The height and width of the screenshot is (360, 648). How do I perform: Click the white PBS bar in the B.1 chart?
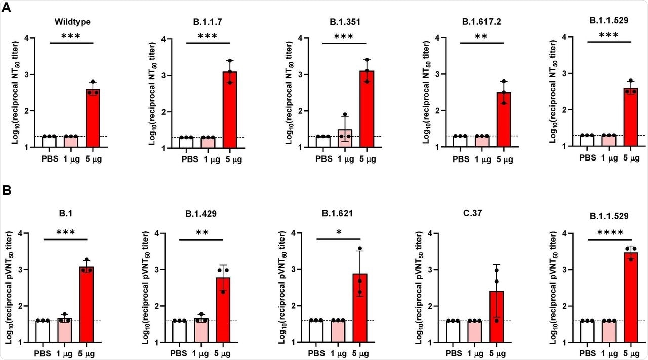coord(43,331)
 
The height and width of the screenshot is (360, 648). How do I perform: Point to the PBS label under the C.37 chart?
coord(453,353)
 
